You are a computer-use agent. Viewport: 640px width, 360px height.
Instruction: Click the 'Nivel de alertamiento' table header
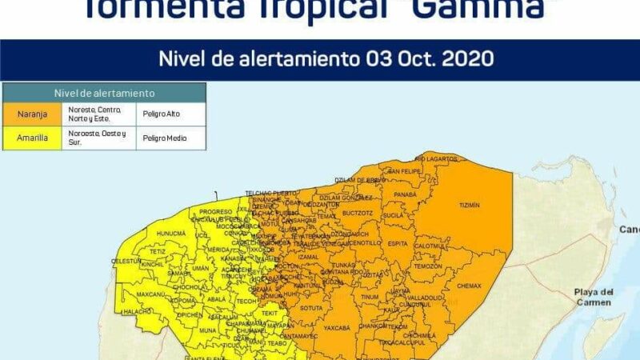pyautogui.click(x=104, y=94)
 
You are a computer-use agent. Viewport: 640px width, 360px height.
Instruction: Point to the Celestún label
pyautogui.click(x=126, y=261)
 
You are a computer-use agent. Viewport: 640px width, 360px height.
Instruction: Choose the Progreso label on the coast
pyautogui.click(x=215, y=212)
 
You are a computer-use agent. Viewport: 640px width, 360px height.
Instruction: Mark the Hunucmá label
pyautogui.click(x=170, y=234)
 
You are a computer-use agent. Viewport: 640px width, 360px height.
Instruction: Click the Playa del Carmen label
pyautogui.click(x=594, y=297)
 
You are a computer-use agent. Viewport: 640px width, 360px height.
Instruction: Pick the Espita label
pyautogui.click(x=398, y=242)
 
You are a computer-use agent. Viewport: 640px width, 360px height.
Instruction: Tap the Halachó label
pyautogui.click(x=137, y=311)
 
